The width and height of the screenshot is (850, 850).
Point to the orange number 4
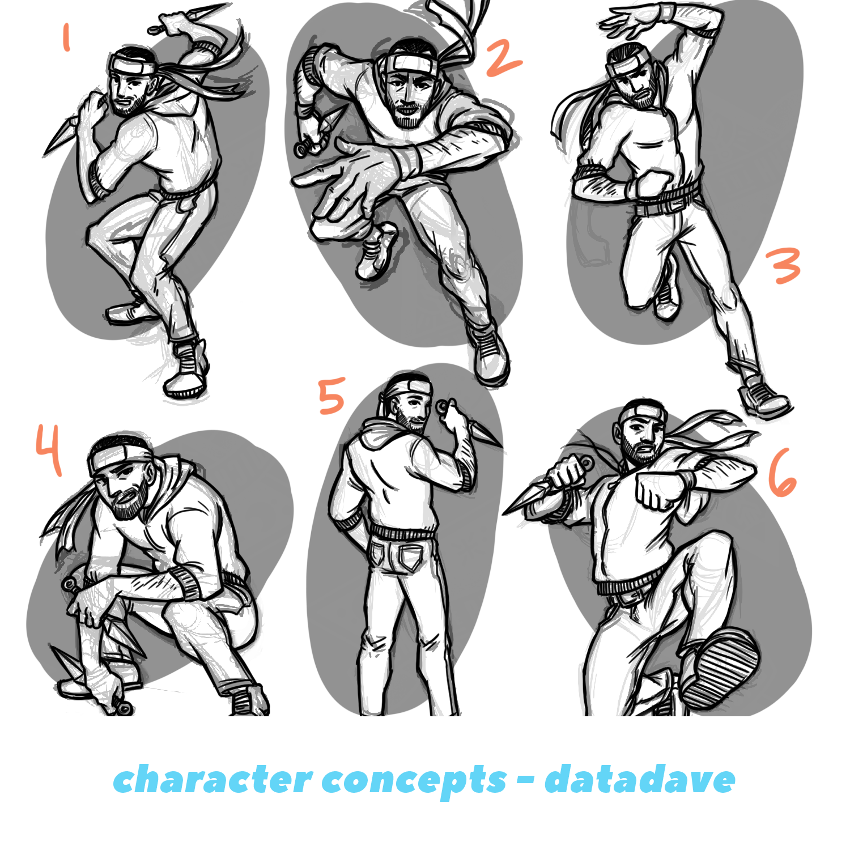[x=49, y=449]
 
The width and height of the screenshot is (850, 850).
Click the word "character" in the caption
[x=212, y=780]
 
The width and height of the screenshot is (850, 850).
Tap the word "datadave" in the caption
[x=640, y=780]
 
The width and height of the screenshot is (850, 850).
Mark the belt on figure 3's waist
[x=669, y=201]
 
